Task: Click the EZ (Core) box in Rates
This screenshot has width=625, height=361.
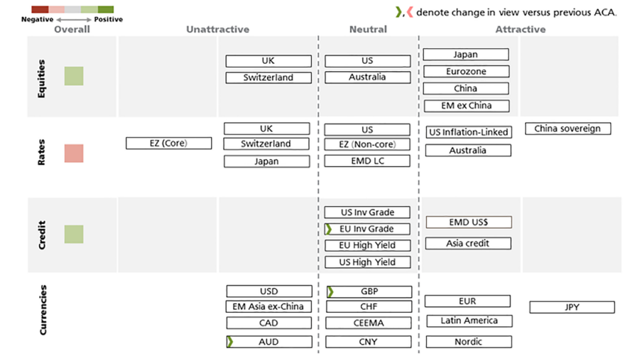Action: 168,144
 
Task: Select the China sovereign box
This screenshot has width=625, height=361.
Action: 567,129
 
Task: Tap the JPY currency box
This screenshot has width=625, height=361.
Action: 572,308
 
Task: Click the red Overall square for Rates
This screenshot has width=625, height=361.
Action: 74,153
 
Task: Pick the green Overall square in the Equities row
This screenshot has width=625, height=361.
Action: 74,76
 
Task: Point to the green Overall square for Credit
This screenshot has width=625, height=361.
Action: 74,235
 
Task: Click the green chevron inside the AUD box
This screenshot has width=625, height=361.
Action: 230,342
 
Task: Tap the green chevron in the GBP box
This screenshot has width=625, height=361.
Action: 330,291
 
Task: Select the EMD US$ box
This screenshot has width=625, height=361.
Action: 468,222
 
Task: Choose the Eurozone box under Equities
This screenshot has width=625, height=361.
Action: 466,72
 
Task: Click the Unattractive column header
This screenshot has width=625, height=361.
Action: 217,29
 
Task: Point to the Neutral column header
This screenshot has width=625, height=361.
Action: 368,29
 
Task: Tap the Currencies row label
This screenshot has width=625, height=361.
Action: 43,310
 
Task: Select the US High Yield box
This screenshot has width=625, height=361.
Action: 367,262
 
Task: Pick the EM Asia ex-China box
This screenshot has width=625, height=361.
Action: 269,307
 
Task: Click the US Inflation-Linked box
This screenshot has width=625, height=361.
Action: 468,132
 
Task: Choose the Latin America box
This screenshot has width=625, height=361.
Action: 468,320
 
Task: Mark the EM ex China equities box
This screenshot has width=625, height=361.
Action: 466,106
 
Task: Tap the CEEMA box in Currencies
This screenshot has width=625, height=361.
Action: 367,323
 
